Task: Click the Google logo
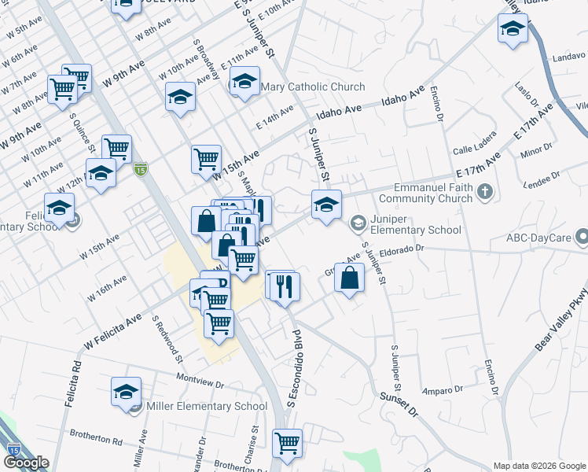26,463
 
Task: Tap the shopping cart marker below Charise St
288,442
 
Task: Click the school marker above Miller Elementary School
126,392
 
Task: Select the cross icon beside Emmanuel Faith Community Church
485,191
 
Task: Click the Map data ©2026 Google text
539,466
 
